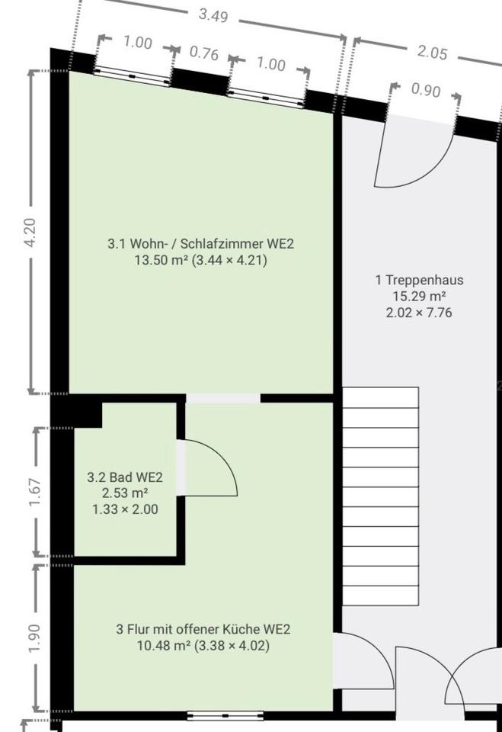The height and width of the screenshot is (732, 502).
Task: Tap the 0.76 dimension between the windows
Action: pos(203,53)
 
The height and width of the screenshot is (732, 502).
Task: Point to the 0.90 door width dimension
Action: pos(425,90)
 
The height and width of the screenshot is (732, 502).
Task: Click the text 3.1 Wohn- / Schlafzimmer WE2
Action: pos(200,244)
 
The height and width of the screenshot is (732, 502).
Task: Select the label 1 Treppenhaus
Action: pos(418,280)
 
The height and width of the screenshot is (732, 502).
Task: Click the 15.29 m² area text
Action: pos(418,296)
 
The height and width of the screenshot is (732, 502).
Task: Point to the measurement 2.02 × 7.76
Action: pos(418,312)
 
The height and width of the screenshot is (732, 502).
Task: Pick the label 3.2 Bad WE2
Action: pos(125,477)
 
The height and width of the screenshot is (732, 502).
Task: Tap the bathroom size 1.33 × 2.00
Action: pos(125,509)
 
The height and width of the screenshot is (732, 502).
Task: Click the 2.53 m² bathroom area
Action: pos(125,493)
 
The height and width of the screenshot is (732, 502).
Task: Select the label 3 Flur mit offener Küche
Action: pos(203,630)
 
